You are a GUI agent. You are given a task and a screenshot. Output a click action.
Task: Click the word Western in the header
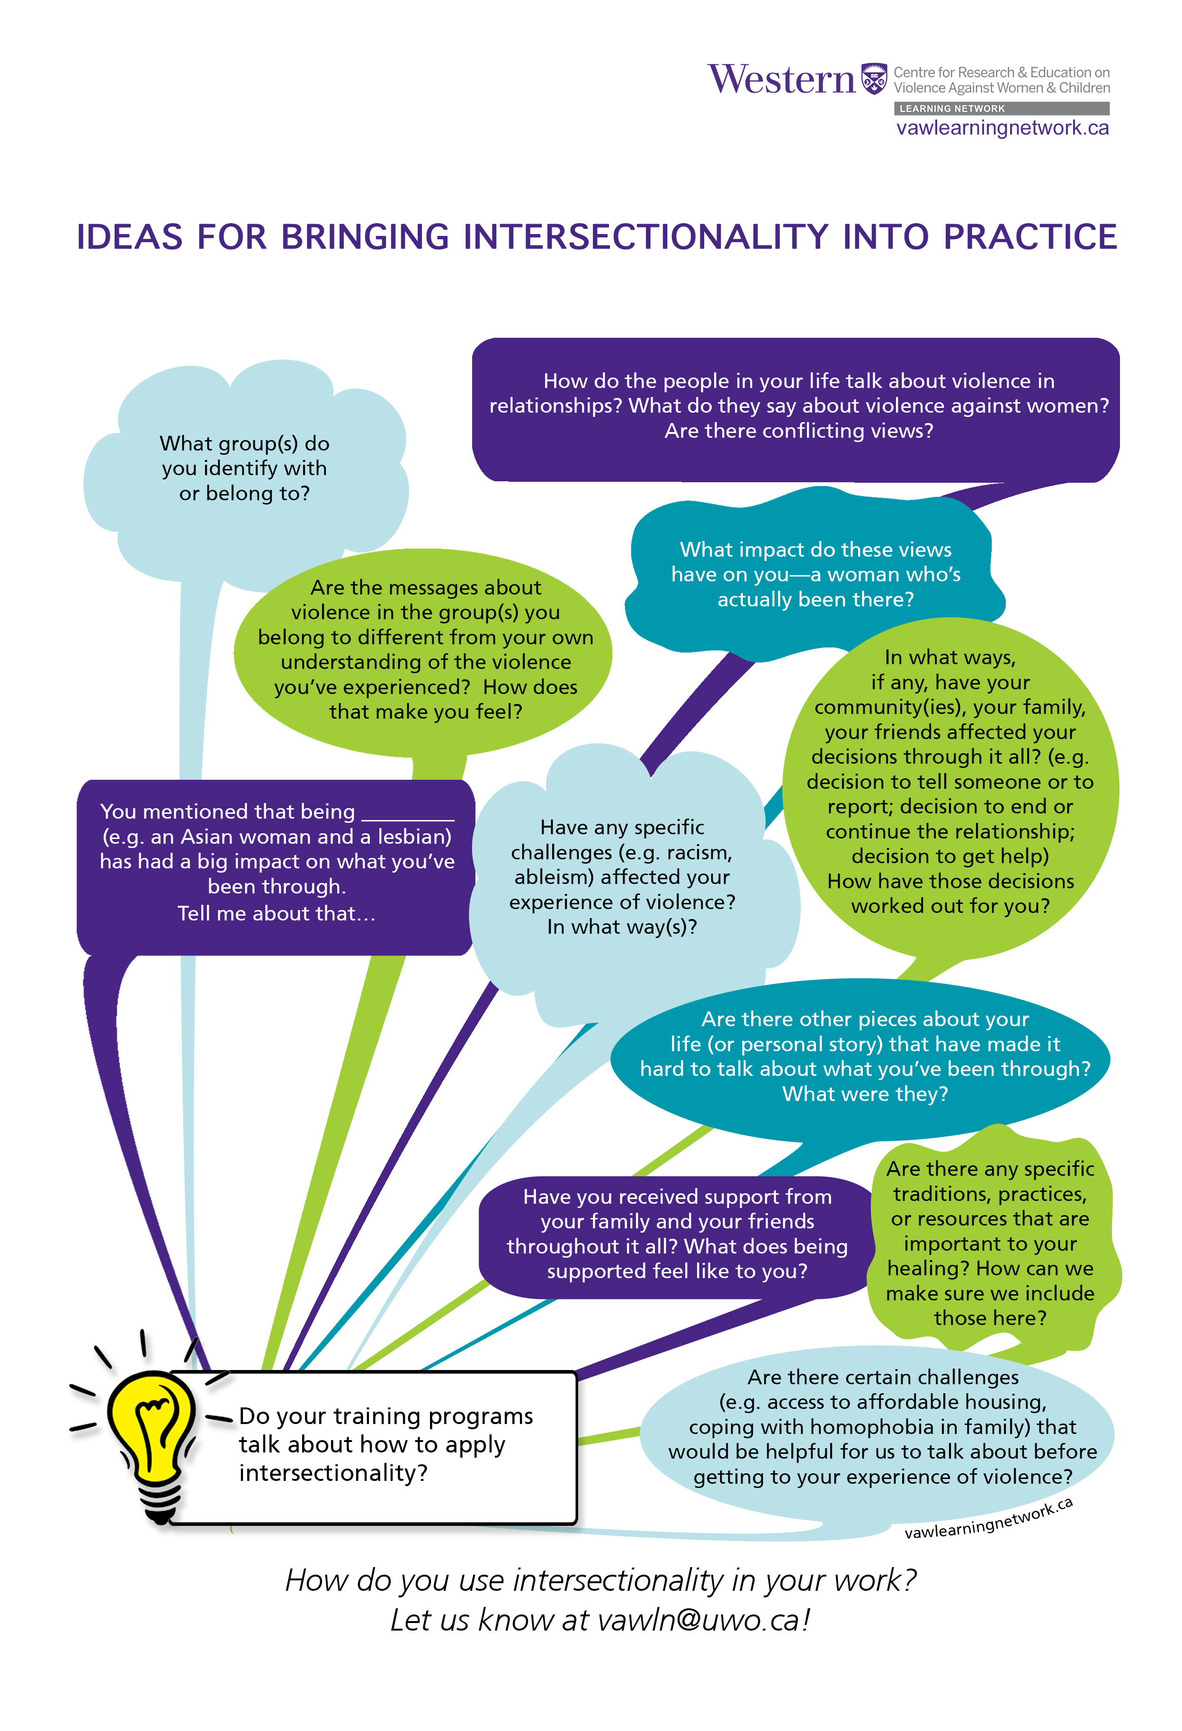[781, 79]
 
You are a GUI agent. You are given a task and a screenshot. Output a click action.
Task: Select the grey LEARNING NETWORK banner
[1001, 109]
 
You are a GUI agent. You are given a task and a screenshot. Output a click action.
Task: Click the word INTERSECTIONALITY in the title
[645, 237]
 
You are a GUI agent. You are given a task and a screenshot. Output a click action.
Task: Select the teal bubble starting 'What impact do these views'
[815, 574]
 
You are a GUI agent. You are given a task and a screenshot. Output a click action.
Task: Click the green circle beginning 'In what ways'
[949, 782]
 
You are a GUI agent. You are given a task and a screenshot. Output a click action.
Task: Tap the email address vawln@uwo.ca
[702, 1619]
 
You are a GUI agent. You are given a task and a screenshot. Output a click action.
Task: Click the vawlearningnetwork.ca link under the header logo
[1002, 128]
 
